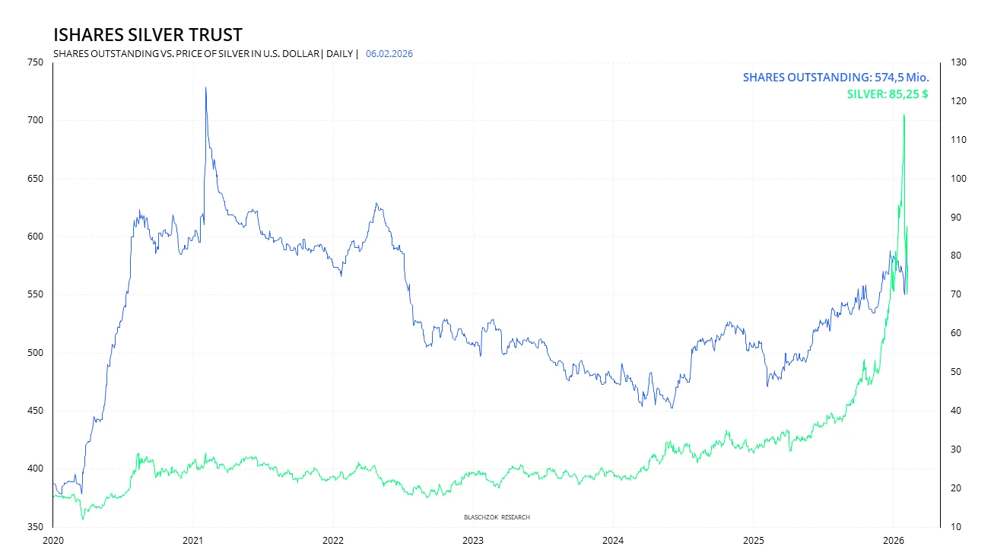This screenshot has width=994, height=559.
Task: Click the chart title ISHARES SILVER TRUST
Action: point(148,35)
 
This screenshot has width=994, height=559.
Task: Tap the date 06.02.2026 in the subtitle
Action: point(389,54)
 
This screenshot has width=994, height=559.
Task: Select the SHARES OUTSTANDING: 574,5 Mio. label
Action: point(835,78)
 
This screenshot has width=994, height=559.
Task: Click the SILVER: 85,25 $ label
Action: point(887,95)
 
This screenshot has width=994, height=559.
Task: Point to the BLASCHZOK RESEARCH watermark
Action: point(497,517)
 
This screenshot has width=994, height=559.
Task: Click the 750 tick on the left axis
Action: point(35,62)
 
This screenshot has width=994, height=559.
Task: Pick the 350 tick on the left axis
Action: point(35,526)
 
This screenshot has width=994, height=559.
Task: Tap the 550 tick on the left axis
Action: point(35,294)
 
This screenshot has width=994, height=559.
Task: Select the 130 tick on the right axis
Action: point(958,62)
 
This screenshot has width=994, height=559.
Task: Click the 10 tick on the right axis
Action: point(955,526)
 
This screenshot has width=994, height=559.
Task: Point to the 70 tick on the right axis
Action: point(955,294)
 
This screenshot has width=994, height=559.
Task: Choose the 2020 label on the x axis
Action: point(53,541)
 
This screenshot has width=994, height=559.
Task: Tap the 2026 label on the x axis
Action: point(893,541)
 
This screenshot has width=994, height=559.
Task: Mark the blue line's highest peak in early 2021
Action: point(205,87)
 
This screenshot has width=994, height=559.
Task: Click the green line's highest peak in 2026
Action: point(903,115)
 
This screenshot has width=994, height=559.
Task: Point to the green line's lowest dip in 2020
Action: point(83,519)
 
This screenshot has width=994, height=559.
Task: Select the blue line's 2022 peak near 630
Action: point(376,204)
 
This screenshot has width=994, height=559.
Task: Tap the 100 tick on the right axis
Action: point(958,179)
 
